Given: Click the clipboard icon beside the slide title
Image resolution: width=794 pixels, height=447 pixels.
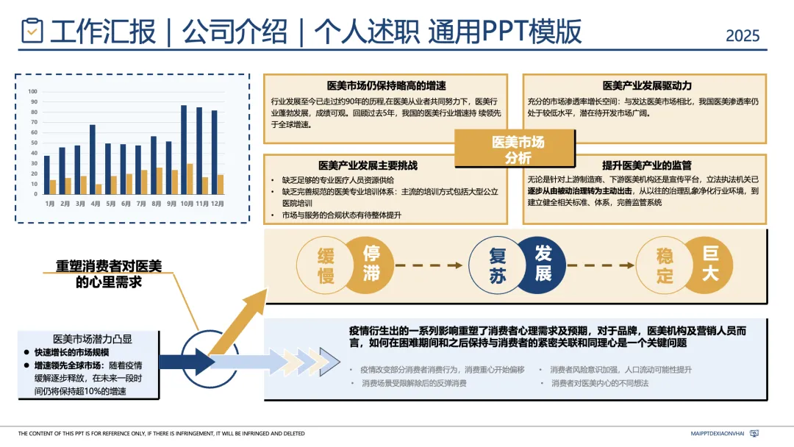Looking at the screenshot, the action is tap(32, 31).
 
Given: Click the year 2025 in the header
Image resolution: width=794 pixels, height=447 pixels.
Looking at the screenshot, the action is tap(743, 35).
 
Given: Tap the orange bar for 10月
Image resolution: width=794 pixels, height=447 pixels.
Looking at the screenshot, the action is tap(190, 179).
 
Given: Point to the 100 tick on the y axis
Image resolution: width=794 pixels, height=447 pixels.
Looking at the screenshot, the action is tap(32, 92).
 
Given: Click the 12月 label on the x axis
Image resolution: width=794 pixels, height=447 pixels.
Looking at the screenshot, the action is tap(217, 203).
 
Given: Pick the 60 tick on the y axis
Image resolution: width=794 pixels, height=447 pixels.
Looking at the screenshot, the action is tap(32, 133).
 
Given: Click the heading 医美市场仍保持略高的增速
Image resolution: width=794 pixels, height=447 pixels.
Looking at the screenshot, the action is tap(386, 85).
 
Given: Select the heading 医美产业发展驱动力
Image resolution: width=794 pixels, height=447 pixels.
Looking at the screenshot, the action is tap(646, 85).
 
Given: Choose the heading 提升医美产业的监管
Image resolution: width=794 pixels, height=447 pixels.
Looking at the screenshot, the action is tap(646, 165).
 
